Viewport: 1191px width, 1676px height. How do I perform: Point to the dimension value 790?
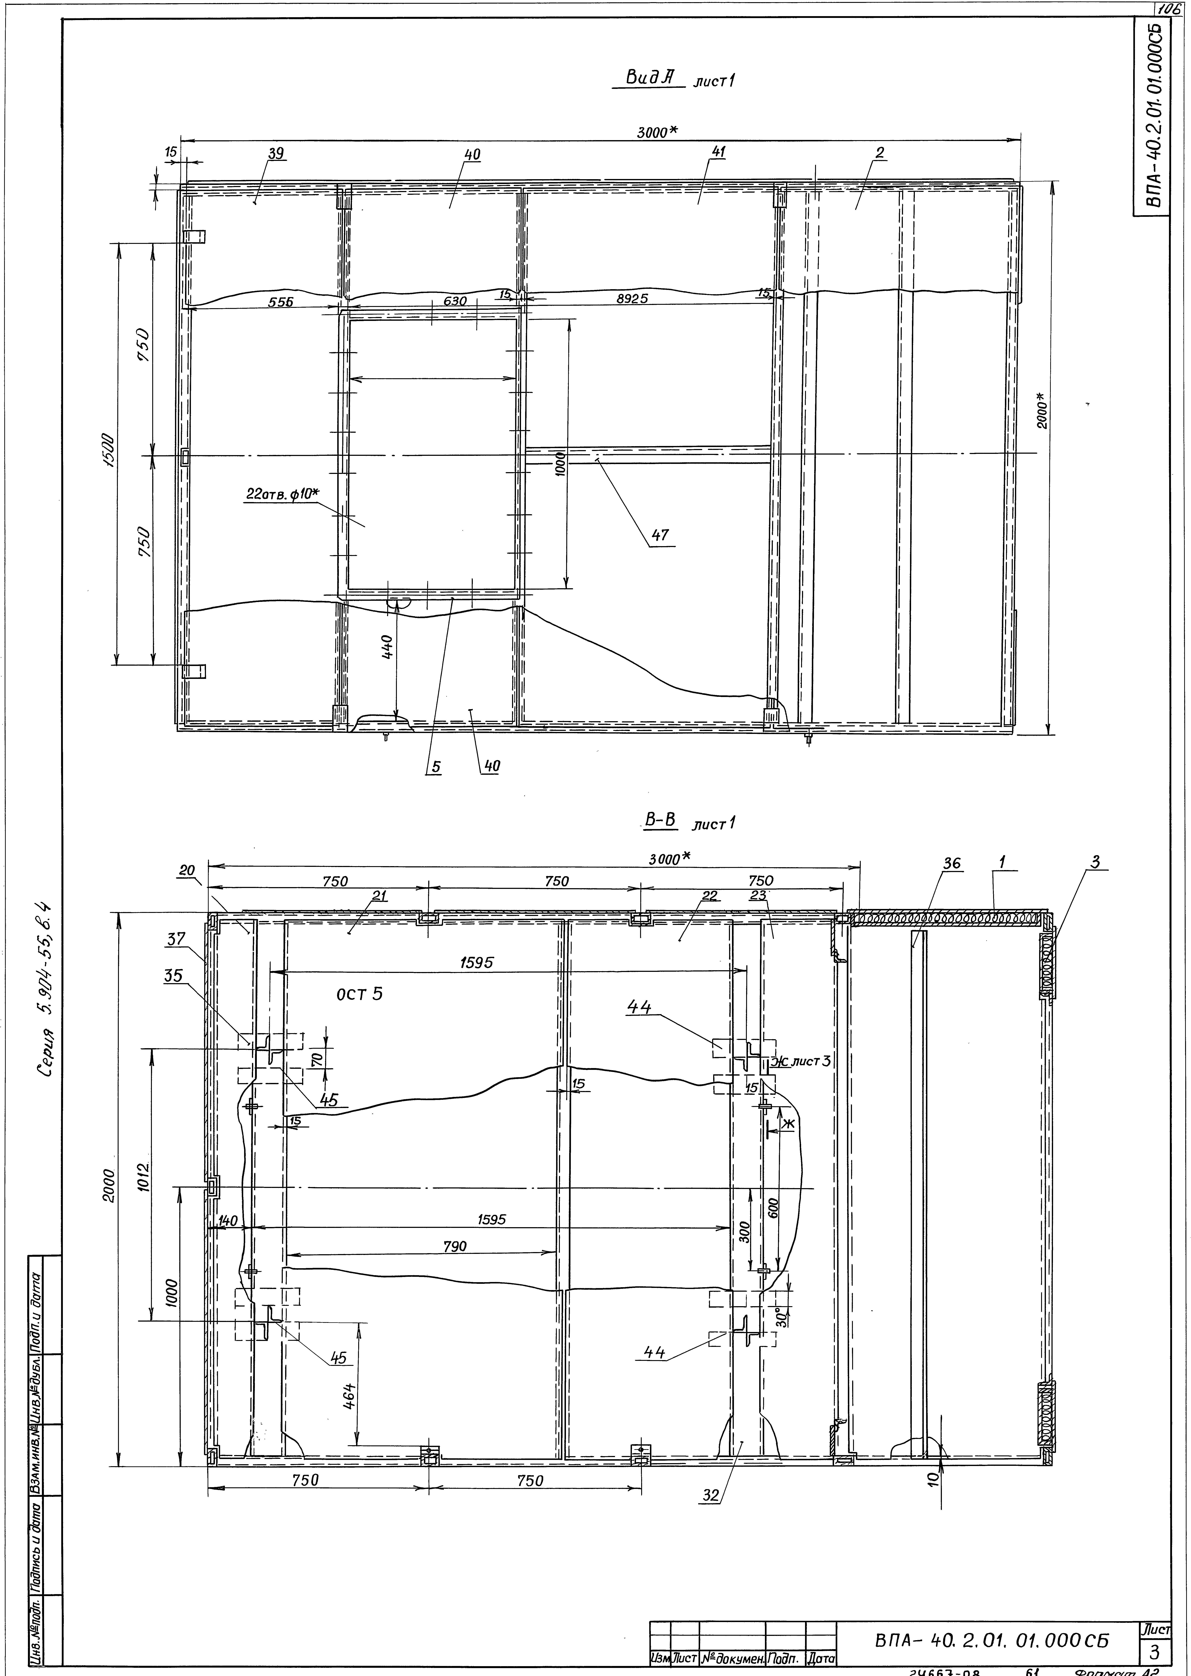point(455,1245)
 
